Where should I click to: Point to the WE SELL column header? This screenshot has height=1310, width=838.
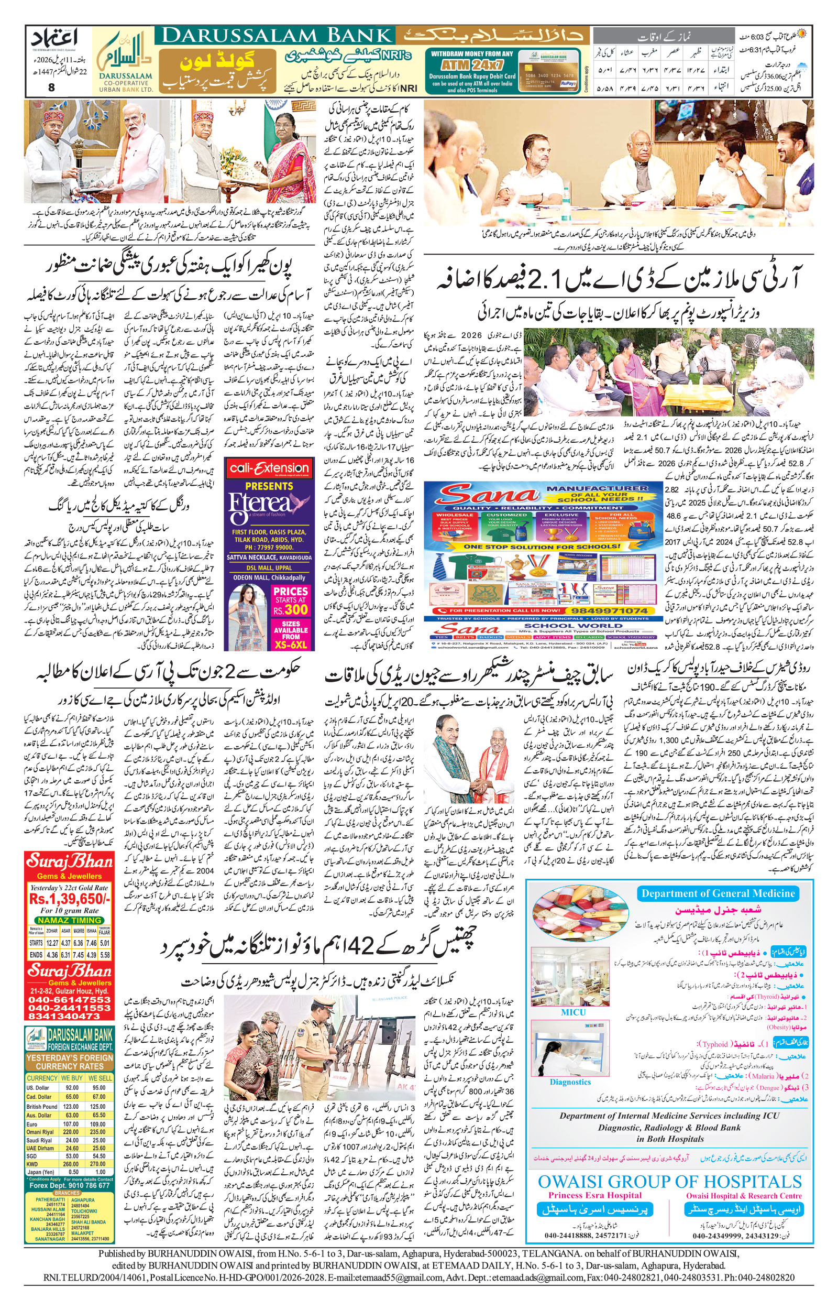(x=100, y=1078)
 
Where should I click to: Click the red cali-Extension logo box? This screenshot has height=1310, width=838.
(x=269, y=467)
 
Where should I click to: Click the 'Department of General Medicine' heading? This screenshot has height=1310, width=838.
(x=718, y=893)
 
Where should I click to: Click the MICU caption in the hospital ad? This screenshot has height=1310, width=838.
(x=572, y=1012)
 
